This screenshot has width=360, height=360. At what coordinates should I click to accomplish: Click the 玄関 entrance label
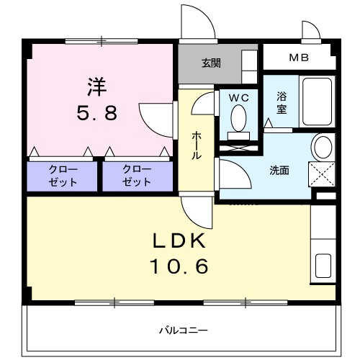211,62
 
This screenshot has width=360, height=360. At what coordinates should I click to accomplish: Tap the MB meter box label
297,57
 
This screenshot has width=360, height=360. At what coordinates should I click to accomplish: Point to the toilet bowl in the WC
238,117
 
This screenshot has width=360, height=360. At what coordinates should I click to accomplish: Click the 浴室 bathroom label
281,103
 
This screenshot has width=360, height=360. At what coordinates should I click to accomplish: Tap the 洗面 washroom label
279,171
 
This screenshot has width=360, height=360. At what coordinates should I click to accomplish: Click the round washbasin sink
322,147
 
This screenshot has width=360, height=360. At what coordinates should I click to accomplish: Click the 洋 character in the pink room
97,86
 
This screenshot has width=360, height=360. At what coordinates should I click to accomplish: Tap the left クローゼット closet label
62,176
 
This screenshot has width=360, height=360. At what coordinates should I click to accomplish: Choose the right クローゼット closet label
137,176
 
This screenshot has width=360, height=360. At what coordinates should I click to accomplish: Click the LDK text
179,240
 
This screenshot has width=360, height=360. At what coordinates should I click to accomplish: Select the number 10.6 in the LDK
179,266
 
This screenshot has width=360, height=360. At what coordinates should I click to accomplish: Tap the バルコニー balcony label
180,330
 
